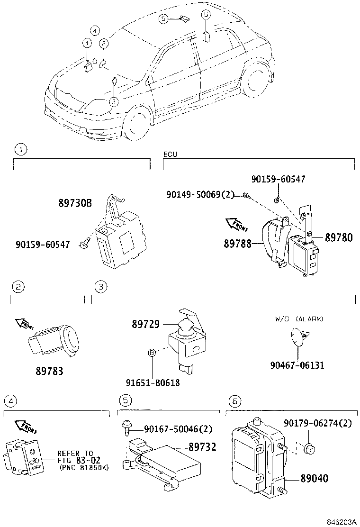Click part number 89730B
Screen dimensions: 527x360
pyautogui.click(x=75, y=203)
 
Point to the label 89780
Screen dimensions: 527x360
pyautogui.click(x=339, y=238)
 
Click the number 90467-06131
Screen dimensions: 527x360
pyautogui.click(x=297, y=365)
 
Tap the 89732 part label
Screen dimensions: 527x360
pyautogui.click(x=202, y=446)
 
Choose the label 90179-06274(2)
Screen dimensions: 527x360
pyautogui.click(x=317, y=423)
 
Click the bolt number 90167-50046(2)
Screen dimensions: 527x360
pyautogui.click(x=178, y=429)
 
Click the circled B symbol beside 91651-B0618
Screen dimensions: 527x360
pyautogui.click(x=151, y=353)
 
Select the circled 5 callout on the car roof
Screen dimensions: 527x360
pyautogui.click(x=163, y=18)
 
